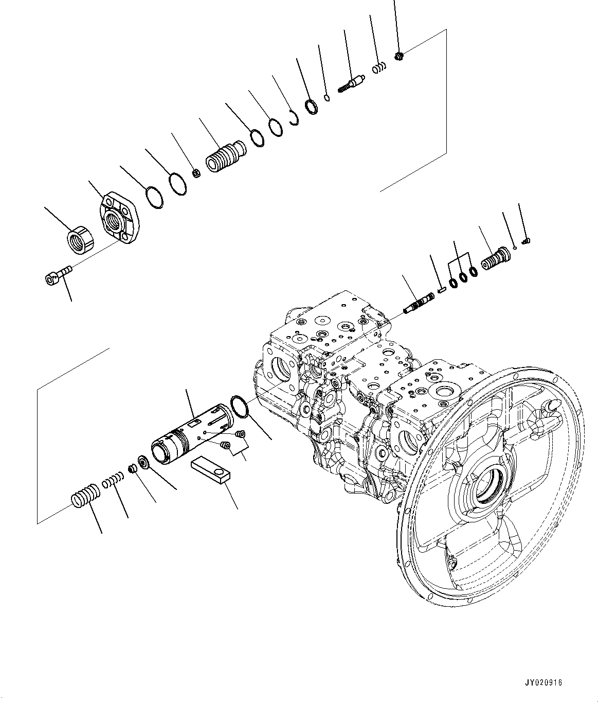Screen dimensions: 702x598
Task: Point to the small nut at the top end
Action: coord(400,56)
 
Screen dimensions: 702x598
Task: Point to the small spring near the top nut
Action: coord(379,67)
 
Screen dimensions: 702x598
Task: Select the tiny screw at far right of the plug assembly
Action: coord(526,241)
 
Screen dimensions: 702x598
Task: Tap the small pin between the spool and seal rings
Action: coord(441,289)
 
